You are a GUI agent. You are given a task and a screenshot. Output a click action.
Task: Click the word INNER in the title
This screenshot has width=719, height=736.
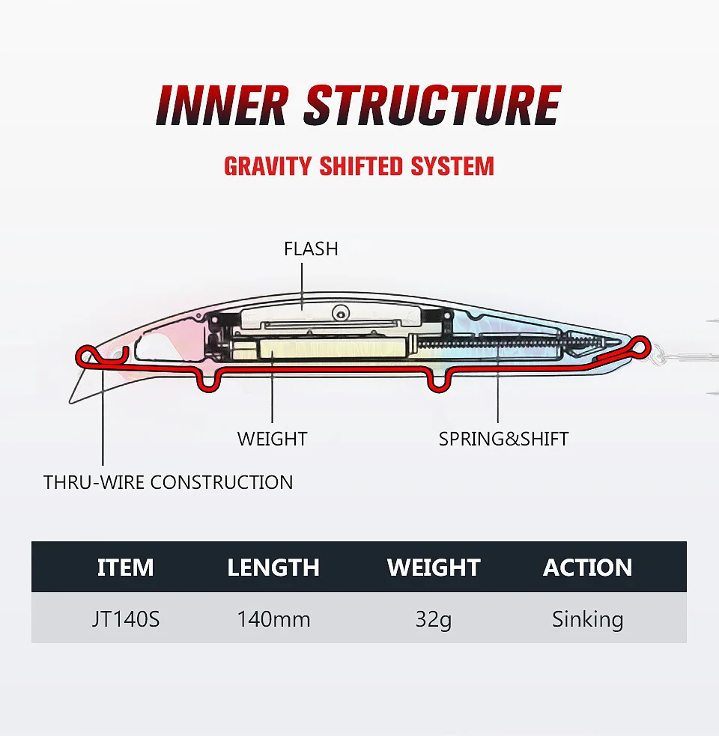pos(222,106)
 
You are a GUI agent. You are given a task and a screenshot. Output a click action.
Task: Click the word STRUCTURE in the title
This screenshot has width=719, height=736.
pos(432,106)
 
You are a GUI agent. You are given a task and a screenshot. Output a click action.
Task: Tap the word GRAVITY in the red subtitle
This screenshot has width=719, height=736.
pos(268,165)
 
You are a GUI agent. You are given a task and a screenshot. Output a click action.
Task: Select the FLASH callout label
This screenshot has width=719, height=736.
pos(311,249)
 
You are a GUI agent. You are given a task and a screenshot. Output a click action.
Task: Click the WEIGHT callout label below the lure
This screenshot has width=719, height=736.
pos(272,439)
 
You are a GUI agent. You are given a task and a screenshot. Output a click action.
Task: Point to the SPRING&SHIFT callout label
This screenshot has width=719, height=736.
pos(503,439)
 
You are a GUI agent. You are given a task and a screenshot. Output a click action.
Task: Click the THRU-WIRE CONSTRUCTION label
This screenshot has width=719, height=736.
pos(169,482)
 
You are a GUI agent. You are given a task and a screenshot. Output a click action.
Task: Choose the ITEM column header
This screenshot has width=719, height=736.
pos(125,568)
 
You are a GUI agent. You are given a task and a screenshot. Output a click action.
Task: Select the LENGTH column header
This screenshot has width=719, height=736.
pos(273,568)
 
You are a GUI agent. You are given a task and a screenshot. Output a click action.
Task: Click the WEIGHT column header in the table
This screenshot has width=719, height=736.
pos(434,568)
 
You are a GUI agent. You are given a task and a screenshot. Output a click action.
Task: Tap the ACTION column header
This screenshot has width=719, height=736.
pos(588,568)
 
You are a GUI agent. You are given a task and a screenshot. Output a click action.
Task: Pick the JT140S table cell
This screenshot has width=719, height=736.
pos(125,619)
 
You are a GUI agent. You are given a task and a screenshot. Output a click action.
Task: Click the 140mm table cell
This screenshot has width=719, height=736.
pos(273,619)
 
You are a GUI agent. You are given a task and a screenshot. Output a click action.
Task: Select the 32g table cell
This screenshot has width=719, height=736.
pos(434,619)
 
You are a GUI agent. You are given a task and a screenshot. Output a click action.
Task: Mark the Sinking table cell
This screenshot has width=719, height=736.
pos(588,619)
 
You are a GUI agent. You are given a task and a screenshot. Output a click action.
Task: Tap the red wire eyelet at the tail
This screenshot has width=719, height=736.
pos(639,345)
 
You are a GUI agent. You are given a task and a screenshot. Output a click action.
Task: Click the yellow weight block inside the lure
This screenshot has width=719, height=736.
pos(333,348)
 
